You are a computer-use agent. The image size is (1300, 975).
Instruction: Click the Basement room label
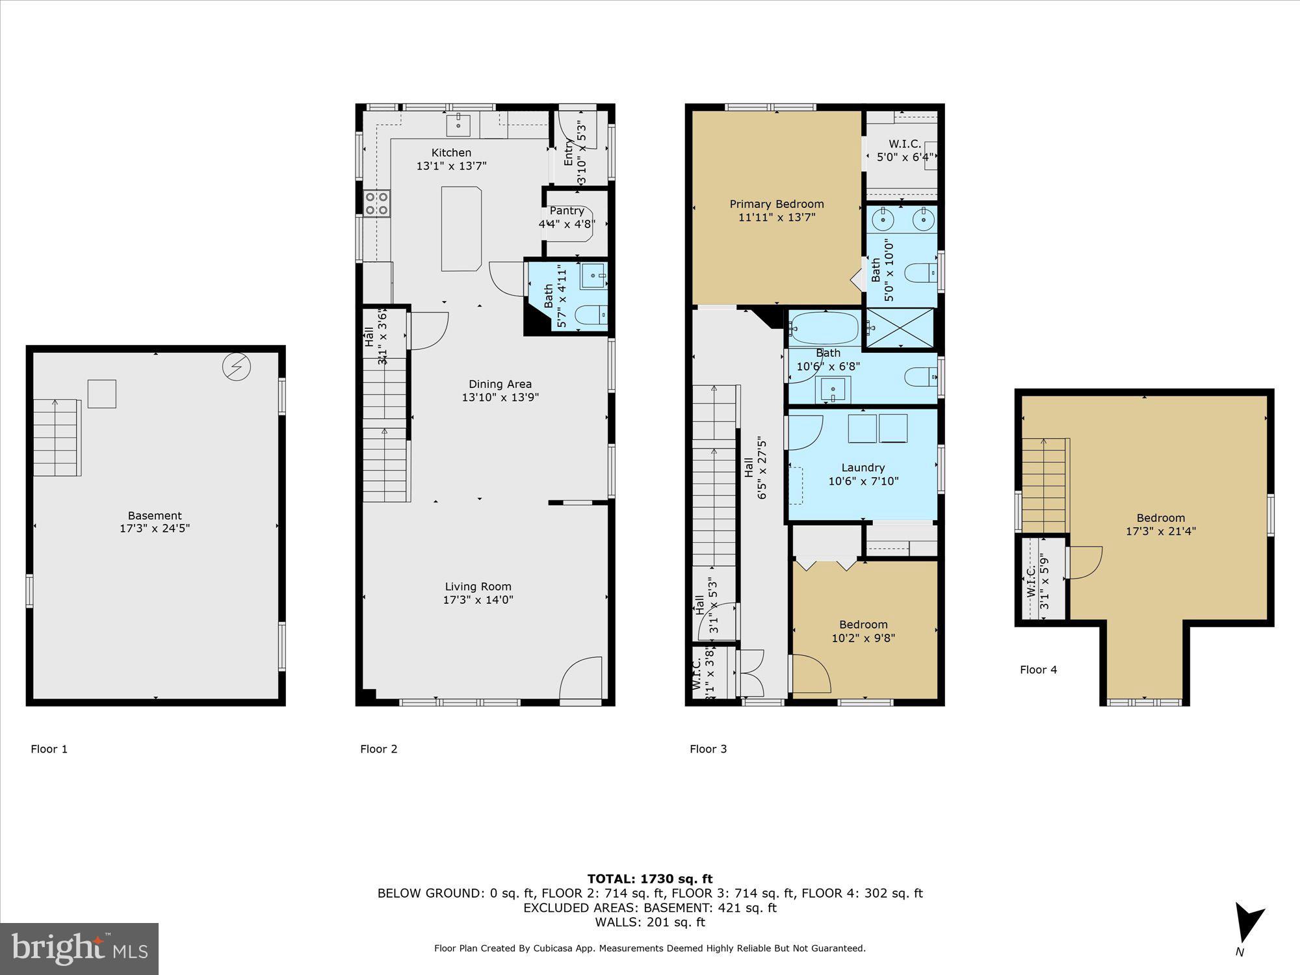155,515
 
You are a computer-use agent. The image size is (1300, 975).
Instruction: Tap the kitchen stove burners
376,202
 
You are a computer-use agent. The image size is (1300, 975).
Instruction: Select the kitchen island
461,228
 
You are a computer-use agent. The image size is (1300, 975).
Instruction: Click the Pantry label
567,211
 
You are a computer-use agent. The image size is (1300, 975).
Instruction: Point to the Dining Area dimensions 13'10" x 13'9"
500,397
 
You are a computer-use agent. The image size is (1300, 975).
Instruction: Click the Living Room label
478,586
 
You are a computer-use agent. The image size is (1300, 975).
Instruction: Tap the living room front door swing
580,679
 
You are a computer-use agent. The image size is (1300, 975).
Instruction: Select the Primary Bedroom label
776,204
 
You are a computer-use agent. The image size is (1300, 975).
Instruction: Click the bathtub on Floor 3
824,328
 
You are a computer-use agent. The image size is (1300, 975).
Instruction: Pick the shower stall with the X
900,328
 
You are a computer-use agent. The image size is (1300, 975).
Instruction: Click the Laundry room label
863,467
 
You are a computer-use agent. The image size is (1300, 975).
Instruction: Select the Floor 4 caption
1038,669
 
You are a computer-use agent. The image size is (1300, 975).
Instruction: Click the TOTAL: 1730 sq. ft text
649,879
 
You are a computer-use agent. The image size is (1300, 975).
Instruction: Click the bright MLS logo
79,948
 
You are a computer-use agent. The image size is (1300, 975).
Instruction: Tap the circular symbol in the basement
236,367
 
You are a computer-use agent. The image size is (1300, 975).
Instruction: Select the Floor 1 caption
49,749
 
